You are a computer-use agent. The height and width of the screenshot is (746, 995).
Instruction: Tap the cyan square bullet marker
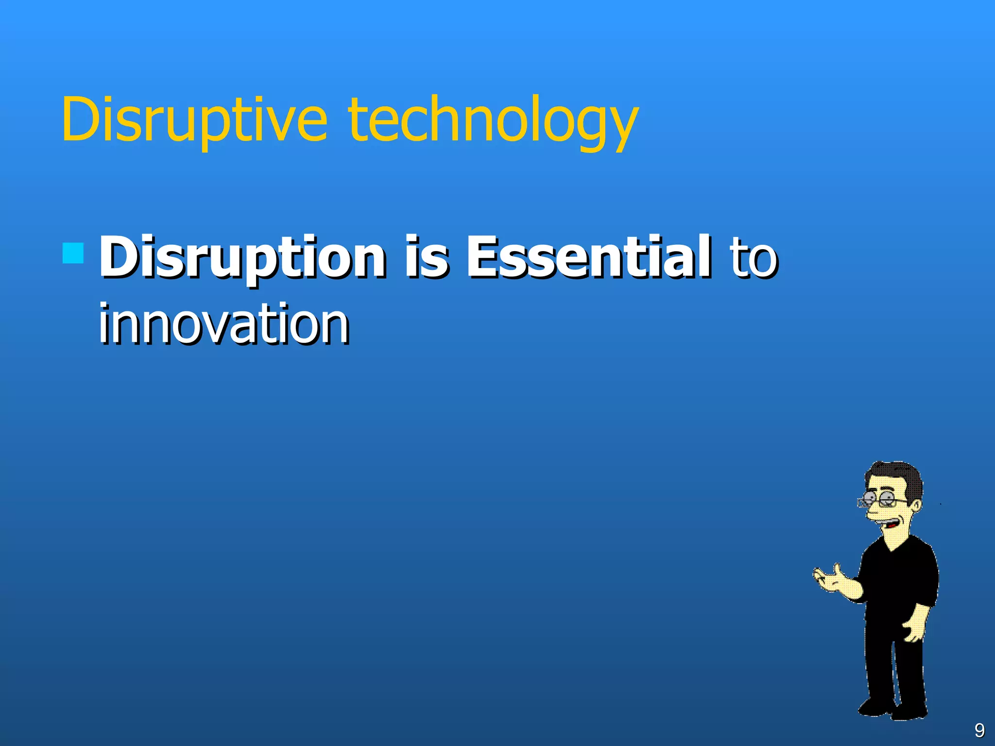(73, 253)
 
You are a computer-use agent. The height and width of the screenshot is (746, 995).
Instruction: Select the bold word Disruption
(243, 257)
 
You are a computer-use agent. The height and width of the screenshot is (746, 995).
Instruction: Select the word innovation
(224, 323)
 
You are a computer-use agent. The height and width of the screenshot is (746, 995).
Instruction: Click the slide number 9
(979, 730)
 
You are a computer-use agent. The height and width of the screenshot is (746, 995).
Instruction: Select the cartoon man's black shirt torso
(899, 578)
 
